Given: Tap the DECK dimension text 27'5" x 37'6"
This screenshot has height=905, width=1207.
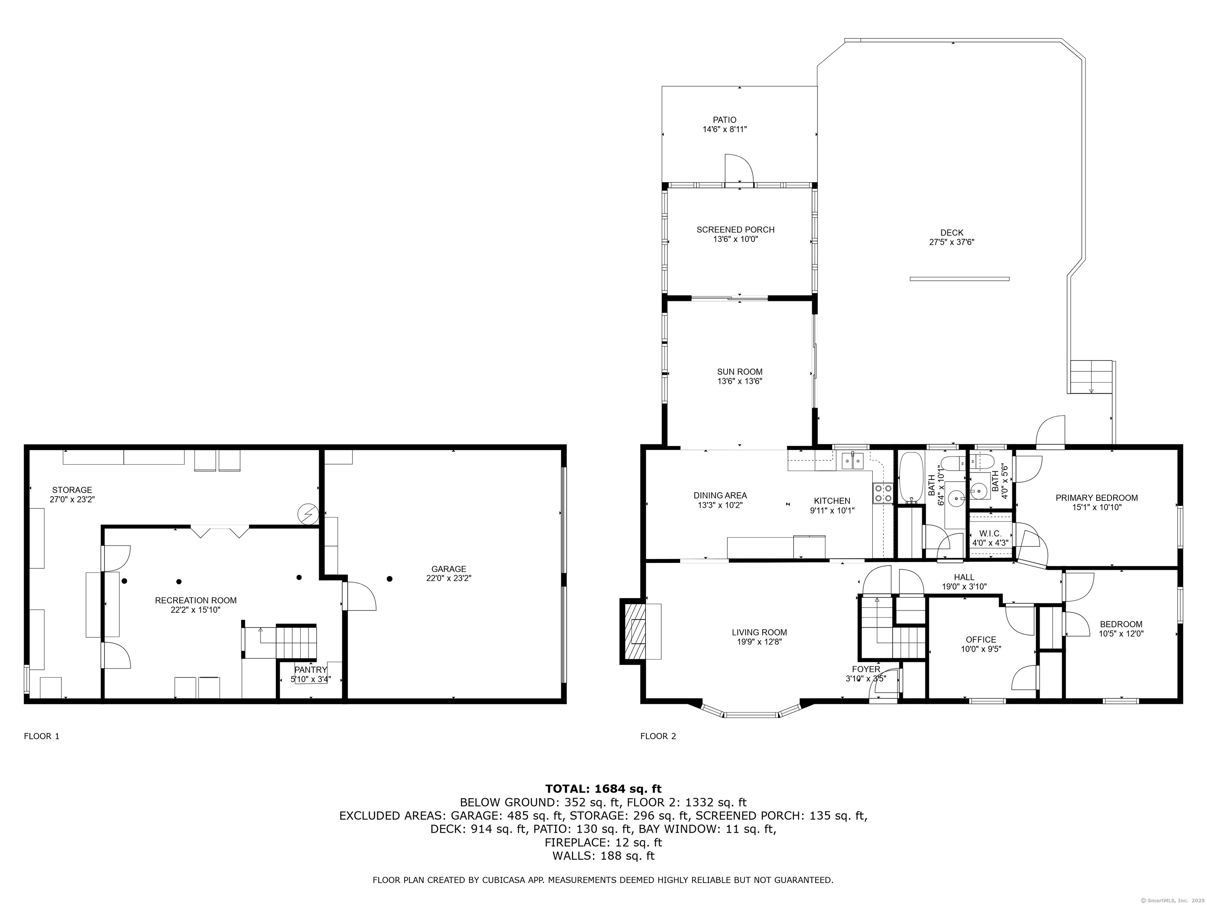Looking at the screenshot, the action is click(x=952, y=242).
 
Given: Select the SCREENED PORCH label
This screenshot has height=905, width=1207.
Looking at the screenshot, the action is click(x=735, y=230).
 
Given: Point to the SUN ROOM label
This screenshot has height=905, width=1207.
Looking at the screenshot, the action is click(x=739, y=372).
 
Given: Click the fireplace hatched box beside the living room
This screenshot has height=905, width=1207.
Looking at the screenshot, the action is click(x=633, y=632).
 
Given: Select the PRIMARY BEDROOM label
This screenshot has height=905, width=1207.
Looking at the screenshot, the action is click(x=1096, y=498).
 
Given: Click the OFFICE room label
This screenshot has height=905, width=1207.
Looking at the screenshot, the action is click(x=981, y=640).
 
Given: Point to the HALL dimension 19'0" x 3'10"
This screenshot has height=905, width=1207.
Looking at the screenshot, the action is click(x=964, y=587).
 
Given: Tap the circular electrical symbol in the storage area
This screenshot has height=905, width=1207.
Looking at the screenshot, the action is click(x=307, y=513).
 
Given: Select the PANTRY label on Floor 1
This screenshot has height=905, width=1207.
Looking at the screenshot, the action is click(x=310, y=670).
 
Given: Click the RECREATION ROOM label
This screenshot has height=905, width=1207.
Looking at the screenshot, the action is click(x=196, y=601).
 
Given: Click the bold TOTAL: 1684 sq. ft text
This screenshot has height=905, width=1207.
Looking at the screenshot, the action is click(x=603, y=789).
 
